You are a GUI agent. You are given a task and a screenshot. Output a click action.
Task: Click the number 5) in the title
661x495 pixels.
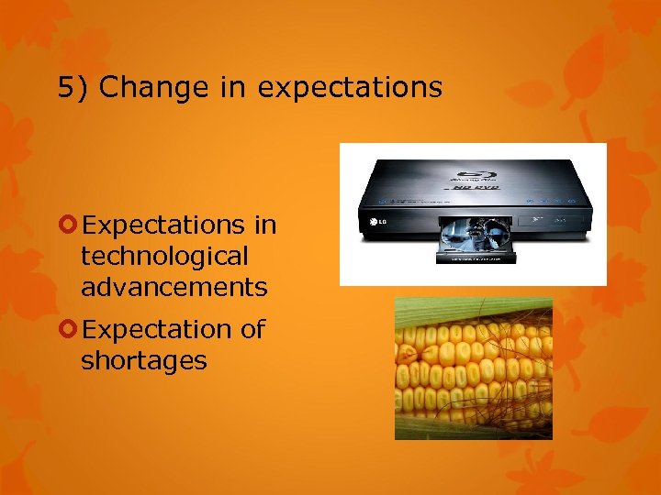click(73, 88)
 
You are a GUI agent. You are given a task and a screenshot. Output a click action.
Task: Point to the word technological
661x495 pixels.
click(164, 257)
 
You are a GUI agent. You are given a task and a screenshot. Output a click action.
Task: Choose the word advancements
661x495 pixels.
click(174, 288)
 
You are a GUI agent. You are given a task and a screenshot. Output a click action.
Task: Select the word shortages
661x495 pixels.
click(143, 361)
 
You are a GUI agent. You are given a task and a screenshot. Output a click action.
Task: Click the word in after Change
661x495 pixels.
click(233, 88)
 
